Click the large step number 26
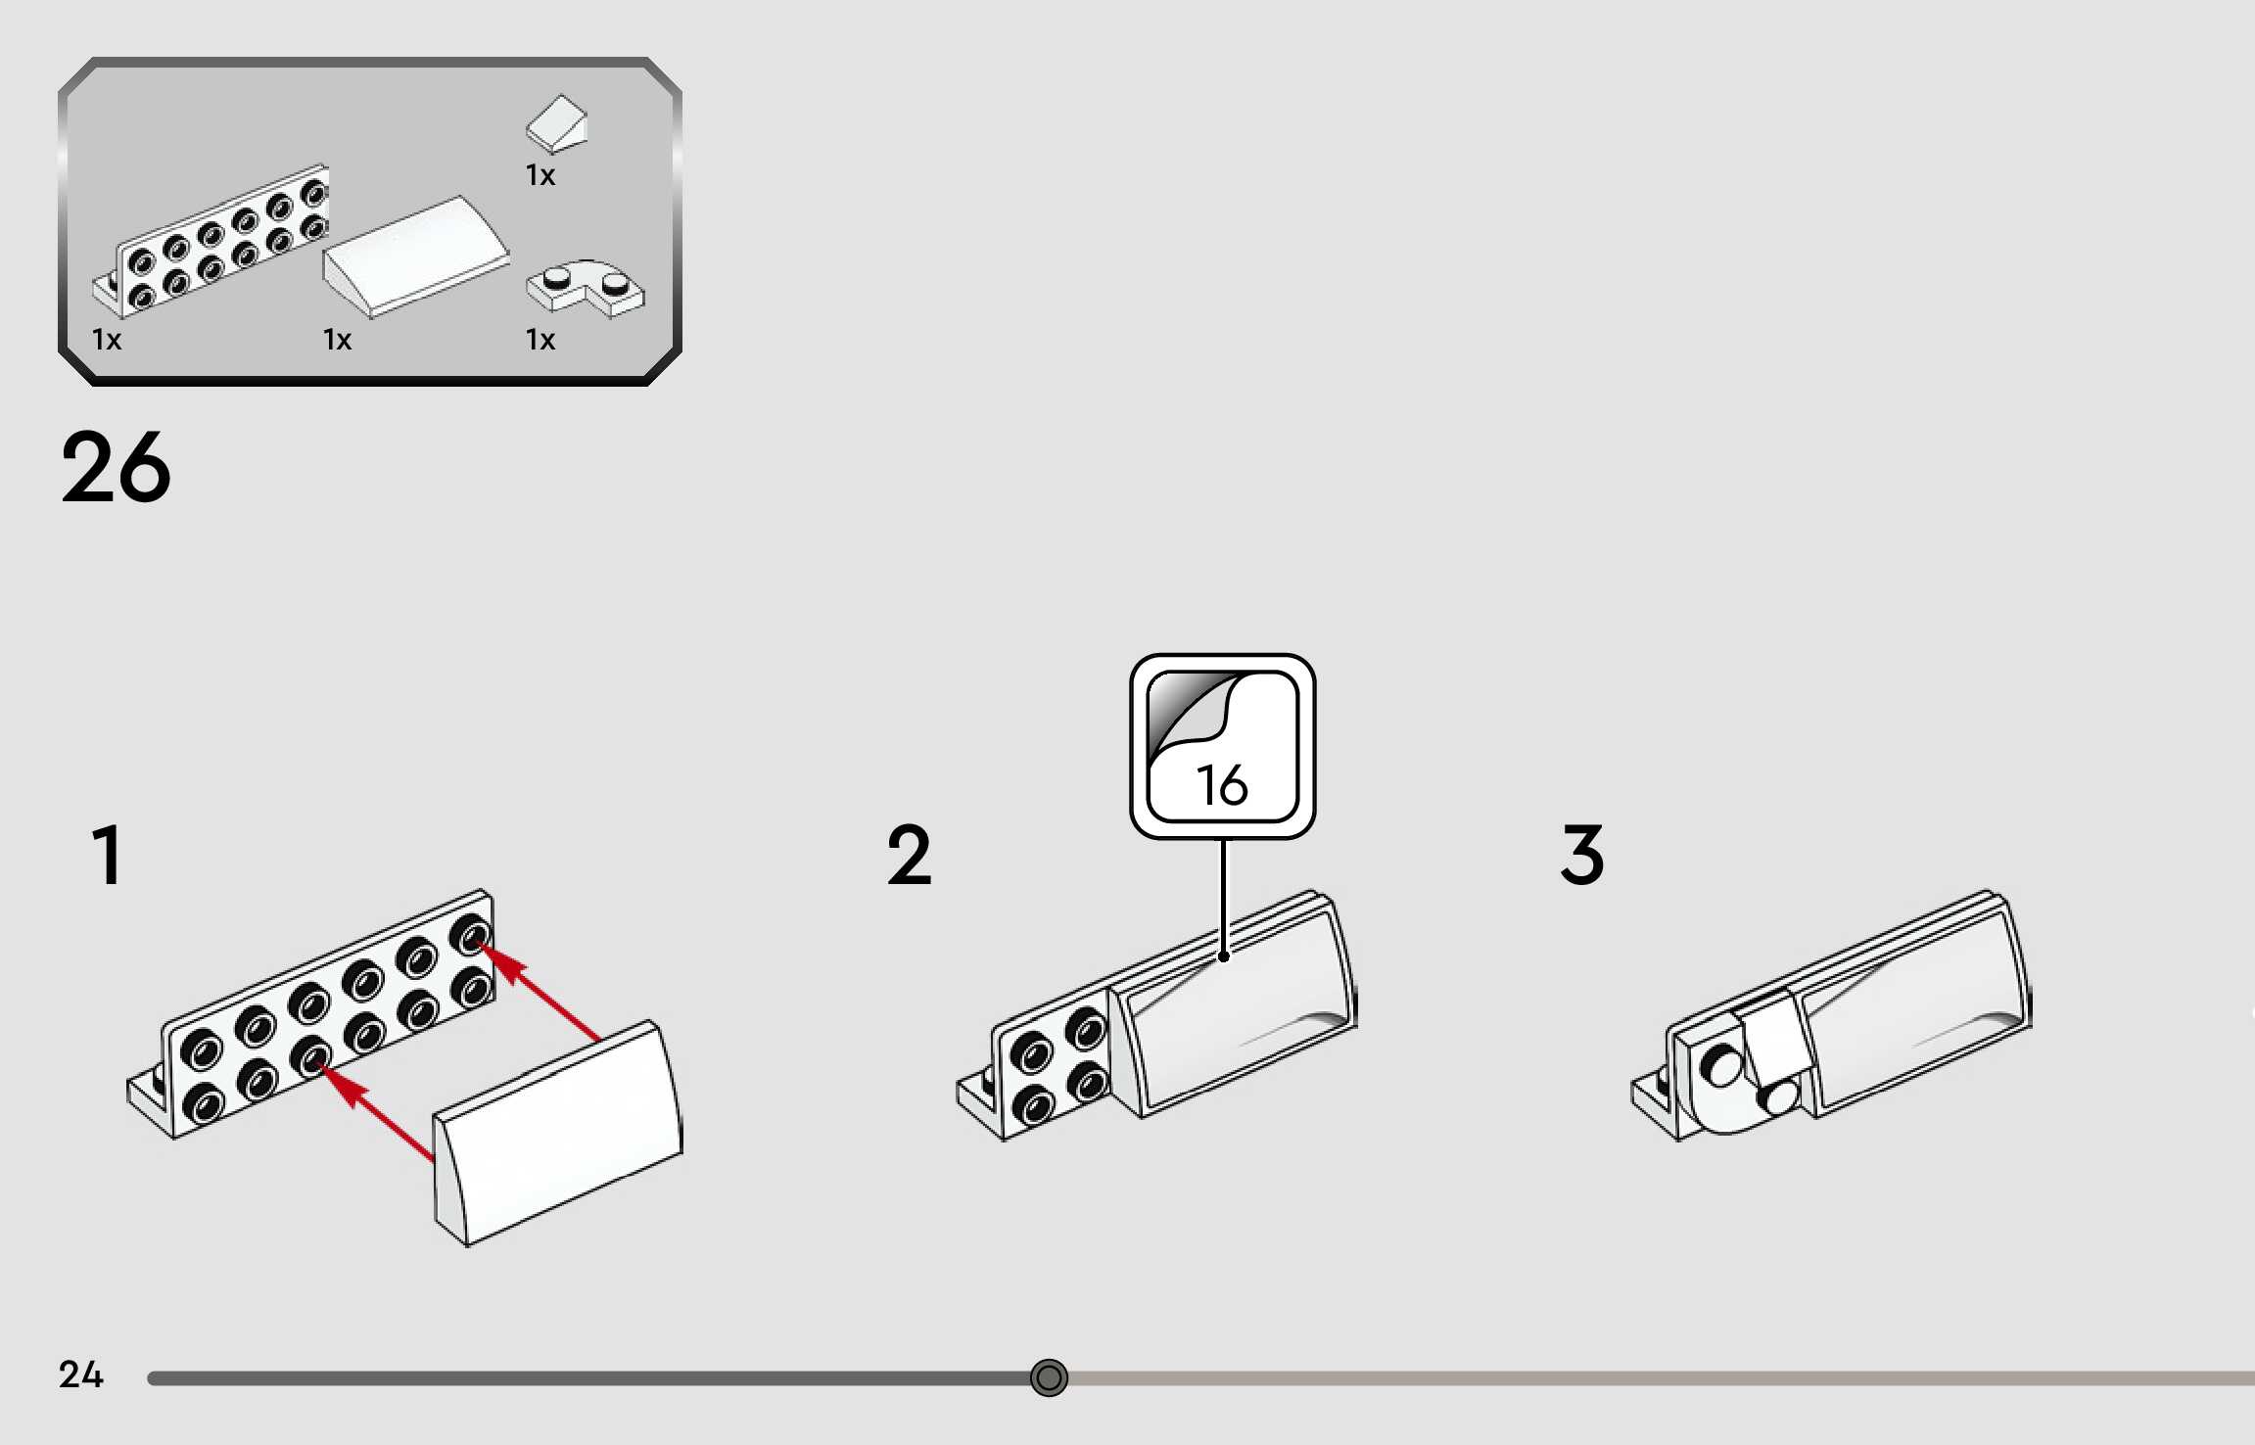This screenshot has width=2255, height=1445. (116, 467)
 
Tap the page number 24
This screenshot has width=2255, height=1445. (80, 1375)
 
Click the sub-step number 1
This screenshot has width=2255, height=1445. (107, 855)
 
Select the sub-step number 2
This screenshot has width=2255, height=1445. (909, 855)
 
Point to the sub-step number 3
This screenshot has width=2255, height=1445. (1582, 855)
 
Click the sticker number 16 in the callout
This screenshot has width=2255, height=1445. (1222, 785)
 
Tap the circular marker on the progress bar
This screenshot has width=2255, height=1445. (1049, 1378)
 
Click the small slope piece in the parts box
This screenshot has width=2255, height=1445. (557, 124)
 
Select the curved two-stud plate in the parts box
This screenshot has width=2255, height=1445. (587, 287)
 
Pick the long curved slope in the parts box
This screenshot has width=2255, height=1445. (416, 256)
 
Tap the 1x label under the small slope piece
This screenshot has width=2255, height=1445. (540, 175)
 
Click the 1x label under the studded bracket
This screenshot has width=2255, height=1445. (107, 340)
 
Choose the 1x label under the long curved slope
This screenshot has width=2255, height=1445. (337, 340)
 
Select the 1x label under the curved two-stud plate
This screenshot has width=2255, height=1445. (540, 340)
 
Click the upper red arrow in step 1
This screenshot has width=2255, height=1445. (539, 989)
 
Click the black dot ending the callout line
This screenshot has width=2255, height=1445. (1223, 956)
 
